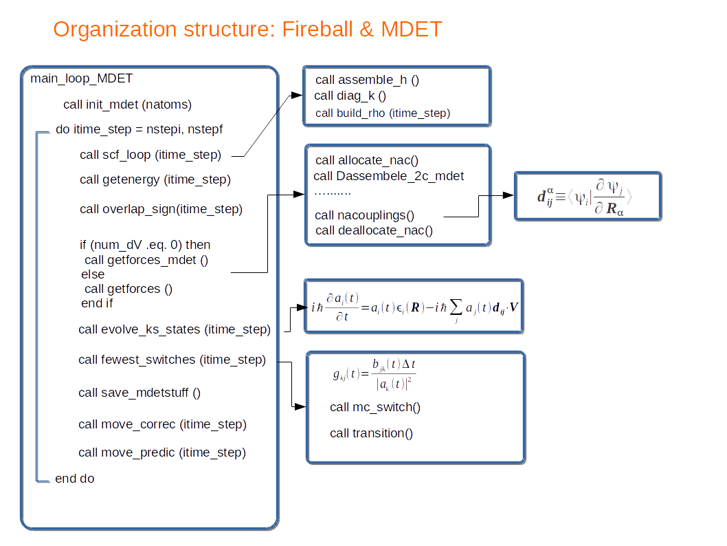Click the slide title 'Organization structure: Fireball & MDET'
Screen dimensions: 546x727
pyautogui.click(x=247, y=30)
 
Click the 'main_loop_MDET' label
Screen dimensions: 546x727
pyautogui.click(x=81, y=78)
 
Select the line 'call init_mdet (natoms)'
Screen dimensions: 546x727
pyautogui.click(x=127, y=105)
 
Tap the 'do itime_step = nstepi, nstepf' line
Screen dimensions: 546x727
pyautogui.click(x=139, y=129)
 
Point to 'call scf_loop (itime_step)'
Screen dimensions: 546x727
pyautogui.click(x=150, y=155)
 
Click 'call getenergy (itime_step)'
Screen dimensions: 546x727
pyautogui.click(x=155, y=180)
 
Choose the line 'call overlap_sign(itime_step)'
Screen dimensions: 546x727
pyautogui.click(x=161, y=209)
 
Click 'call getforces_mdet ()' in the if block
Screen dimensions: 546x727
pyautogui.click(x=146, y=259)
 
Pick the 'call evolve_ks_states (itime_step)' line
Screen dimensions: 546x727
pyautogui.click(x=175, y=329)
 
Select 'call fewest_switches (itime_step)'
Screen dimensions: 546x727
pyautogui.click(x=172, y=360)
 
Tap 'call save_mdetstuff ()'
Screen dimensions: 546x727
pyautogui.click(x=139, y=393)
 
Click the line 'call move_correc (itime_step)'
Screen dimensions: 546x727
pyautogui.click(x=162, y=424)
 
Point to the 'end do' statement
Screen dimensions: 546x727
pyautogui.click(x=75, y=479)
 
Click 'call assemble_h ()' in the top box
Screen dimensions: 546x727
pyautogui.click(x=367, y=80)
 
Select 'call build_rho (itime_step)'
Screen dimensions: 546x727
pyautogui.click(x=383, y=113)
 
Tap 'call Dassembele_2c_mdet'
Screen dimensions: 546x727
pyautogui.click(x=389, y=176)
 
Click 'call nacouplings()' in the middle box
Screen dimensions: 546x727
pyautogui.click(x=365, y=215)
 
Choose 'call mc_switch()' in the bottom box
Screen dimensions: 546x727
pyautogui.click(x=375, y=407)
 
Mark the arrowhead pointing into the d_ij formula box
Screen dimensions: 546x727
pyautogui.click(x=508, y=195)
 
